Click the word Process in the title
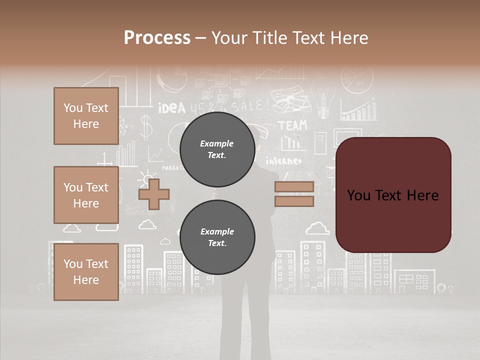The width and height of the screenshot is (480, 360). tap(157, 37)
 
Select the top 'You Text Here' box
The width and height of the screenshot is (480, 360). tap(86, 116)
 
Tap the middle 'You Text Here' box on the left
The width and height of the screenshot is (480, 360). tap(86, 195)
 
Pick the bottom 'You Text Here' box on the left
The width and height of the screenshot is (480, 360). tap(86, 271)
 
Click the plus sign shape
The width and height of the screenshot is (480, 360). tap(154, 194)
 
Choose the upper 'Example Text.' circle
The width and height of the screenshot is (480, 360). tap(217, 149)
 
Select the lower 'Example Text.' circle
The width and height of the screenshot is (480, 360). tap(217, 237)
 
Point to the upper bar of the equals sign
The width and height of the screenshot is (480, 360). tap(294, 187)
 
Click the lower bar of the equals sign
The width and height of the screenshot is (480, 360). tap(294, 201)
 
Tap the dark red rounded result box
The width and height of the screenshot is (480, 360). tap(393, 195)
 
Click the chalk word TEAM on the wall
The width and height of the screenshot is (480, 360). tap(292, 125)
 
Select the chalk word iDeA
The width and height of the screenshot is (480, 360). tap(171, 108)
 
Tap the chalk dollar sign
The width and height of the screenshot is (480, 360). tap(145, 127)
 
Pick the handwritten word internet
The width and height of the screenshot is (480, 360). tap(283, 161)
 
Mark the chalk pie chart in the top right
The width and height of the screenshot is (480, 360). tap(357, 78)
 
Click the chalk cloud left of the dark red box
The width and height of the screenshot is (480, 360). tap(317, 229)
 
